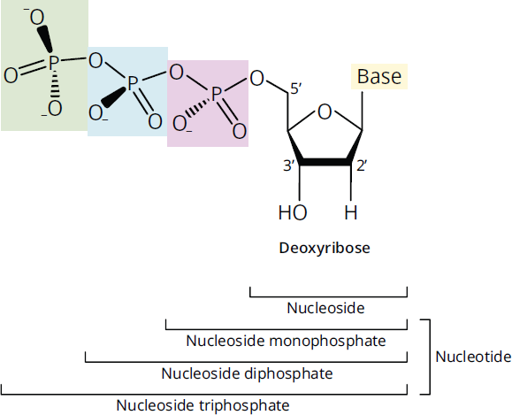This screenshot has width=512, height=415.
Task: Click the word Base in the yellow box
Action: (379, 76)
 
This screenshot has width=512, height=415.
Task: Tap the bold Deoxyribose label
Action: (325, 248)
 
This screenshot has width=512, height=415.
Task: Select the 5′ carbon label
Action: (296, 88)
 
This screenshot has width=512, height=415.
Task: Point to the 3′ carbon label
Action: (289, 166)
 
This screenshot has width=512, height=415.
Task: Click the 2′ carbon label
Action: (362, 166)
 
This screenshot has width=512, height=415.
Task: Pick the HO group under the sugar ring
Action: (293, 212)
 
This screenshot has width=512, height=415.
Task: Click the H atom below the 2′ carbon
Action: (351, 212)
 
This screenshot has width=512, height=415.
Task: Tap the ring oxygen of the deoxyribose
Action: (325, 111)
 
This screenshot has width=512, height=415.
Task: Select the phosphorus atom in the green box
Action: (53, 62)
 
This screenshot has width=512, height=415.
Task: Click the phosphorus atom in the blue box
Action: (133, 83)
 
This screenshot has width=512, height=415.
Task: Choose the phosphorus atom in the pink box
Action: (217, 94)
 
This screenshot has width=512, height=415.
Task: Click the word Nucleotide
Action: (473, 357)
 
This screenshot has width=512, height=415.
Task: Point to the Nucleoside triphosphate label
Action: (203, 405)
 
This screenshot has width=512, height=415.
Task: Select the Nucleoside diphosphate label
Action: (247, 373)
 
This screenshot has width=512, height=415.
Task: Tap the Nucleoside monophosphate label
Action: (286, 341)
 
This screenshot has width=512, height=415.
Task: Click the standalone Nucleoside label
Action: (325, 308)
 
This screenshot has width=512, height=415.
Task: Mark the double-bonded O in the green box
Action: (11, 75)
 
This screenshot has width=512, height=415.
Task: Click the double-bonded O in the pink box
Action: (240, 131)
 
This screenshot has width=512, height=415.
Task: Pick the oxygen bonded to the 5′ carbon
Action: (256, 79)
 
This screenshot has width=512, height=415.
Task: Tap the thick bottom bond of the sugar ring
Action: (325, 162)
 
